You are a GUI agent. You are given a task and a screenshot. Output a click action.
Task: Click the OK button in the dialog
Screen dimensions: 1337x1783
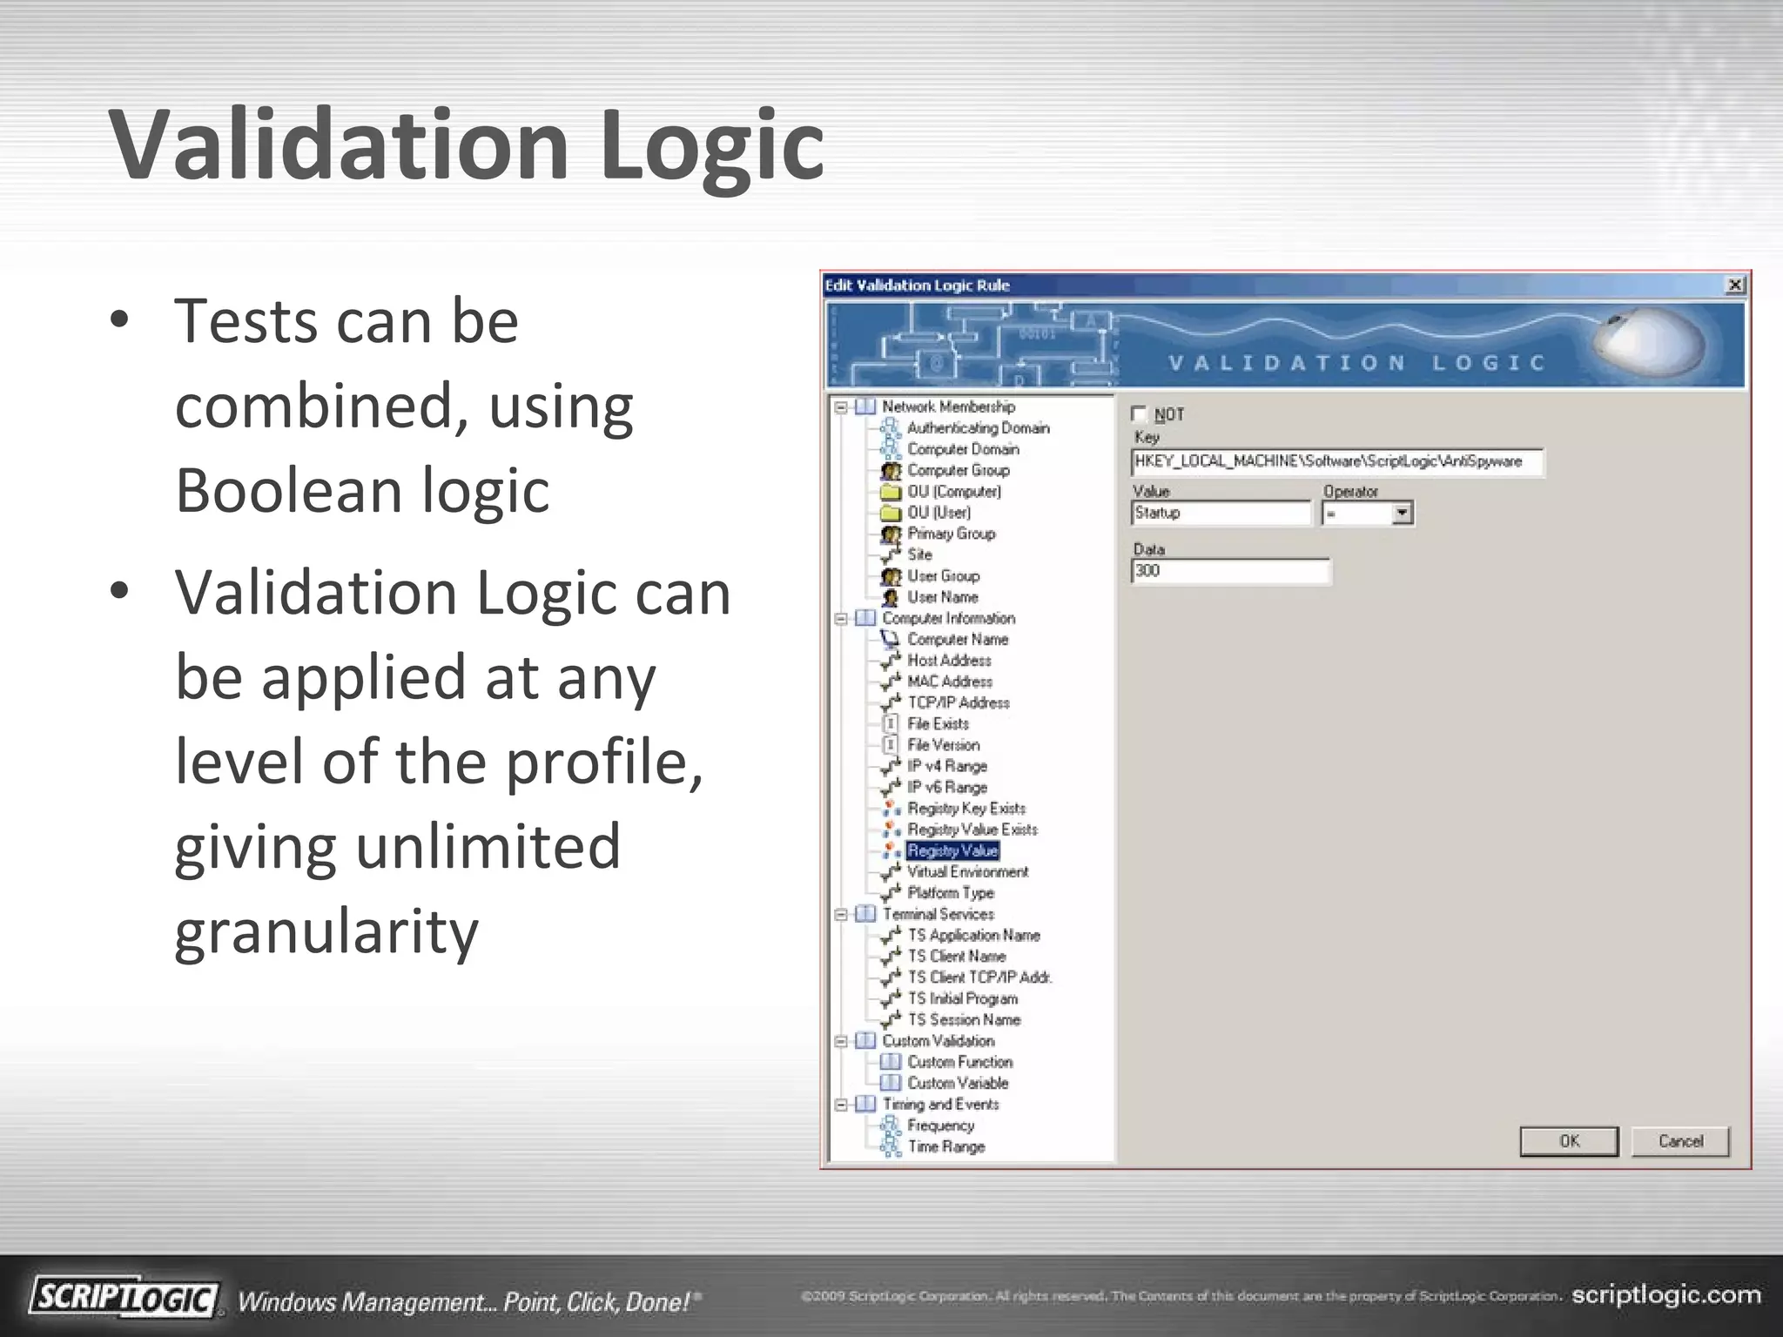[1569, 1141]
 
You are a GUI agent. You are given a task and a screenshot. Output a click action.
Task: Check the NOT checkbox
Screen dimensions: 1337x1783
[1139, 414]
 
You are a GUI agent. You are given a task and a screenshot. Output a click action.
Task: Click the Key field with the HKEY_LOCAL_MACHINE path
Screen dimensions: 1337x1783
[1336, 462]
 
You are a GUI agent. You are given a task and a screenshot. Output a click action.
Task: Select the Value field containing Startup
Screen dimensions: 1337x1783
[1221, 514]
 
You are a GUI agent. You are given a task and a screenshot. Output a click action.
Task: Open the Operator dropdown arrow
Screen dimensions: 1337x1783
[1402, 514]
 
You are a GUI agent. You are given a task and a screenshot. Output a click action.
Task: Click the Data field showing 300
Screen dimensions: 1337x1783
[1230, 571]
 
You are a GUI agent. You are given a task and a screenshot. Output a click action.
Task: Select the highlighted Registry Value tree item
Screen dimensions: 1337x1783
[952, 850]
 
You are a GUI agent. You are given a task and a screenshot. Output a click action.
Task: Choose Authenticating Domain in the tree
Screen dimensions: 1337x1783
[978, 428]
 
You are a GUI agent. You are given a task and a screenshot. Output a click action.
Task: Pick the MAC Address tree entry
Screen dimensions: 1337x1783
[949, 682]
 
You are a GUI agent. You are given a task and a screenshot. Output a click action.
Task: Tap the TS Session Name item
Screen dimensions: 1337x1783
[964, 1019]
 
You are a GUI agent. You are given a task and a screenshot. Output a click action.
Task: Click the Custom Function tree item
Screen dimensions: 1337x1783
[959, 1062]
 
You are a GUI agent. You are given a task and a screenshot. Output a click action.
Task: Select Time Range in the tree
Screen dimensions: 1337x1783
[945, 1146]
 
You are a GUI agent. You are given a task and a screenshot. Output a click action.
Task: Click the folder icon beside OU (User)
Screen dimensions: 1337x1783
[890, 513]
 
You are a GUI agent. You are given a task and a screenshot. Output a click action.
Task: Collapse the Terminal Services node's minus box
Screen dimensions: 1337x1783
[841, 914]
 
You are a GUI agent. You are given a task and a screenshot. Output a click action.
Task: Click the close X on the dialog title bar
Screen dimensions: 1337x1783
[1734, 285]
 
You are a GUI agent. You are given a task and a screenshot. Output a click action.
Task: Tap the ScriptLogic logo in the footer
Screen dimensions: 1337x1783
[124, 1298]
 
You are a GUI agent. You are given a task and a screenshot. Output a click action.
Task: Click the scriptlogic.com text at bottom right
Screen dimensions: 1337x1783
[1665, 1295]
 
